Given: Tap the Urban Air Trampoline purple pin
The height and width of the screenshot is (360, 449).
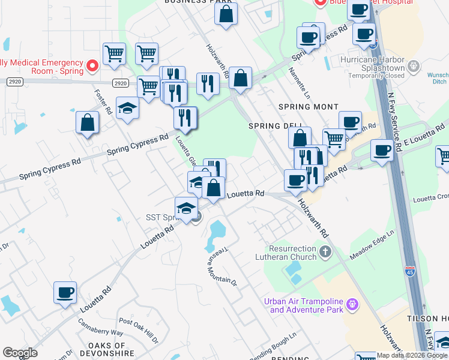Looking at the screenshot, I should pyautogui.click(x=352, y=304).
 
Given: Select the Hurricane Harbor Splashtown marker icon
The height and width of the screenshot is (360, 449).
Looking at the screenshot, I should pyautogui.click(x=413, y=65).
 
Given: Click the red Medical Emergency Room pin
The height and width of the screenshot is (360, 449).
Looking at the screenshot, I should pyautogui.click(x=92, y=65).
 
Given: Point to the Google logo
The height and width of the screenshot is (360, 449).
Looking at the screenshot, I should pyautogui.click(x=20, y=353).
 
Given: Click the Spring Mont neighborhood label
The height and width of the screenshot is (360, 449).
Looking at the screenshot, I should pyautogui.click(x=304, y=107).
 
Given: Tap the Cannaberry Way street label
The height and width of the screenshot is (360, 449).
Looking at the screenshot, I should pyautogui.click(x=101, y=326).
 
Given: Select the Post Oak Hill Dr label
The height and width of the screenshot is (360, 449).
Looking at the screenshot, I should pyautogui.click(x=139, y=331).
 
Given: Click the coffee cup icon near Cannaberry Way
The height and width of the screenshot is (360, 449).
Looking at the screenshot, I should pyautogui.click(x=65, y=293).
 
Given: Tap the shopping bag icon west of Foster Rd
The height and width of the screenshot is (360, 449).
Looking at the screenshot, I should pyautogui.click(x=88, y=122).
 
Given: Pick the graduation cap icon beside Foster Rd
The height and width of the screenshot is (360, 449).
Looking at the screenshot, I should pyautogui.click(x=127, y=108).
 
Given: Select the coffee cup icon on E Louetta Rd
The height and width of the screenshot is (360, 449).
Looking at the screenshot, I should pyautogui.click(x=382, y=149).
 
